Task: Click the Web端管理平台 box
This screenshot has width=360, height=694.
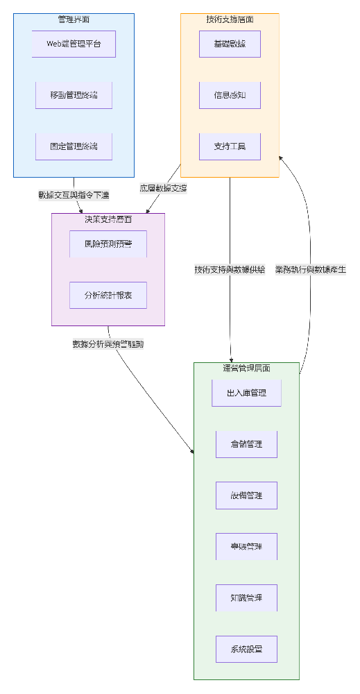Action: pyautogui.click(x=74, y=44)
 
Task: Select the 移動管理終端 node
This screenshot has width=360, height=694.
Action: pyautogui.click(x=74, y=95)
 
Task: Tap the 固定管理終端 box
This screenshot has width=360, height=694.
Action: pyautogui.click(x=74, y=146)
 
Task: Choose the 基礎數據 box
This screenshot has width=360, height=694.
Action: pyautogui.click(x=230, y=44)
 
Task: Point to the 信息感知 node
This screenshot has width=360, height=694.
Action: pyautogui.click(x=230, y=95)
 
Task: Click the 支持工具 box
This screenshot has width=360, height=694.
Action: pyautogui.click(x=230, y=146)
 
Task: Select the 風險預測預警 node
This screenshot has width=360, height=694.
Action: pyautogui.click(x=108, y=244)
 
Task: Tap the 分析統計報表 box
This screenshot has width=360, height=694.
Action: pyautogui.click(x=108, y=295)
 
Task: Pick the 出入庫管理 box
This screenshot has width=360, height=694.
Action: pyautogui.click(x=246, y=393)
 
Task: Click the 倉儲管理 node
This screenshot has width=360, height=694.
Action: pyautogui.click(x=246, y=444)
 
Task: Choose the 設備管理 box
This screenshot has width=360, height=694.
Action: pyautogui.click(x=246, y=496)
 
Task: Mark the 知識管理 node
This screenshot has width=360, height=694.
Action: pyautogui.click(x=246, y=598)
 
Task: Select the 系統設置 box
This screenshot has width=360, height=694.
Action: pyautogui.click(x=246, y=649)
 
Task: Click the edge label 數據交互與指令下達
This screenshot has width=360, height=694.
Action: pyautogui.click(x=74, y=195)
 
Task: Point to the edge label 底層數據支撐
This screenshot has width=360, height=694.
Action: pyautogui.click(x=163, y=188)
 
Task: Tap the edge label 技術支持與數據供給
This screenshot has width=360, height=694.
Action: pyautogui.click(x=230, y=269)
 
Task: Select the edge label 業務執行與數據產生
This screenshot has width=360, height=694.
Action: pyautogui.click(x=310, y=269)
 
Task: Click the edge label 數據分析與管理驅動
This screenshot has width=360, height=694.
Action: pyautogui.click(x=108, y=344)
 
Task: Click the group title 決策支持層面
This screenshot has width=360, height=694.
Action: pyautogui.click(x=108, y=219)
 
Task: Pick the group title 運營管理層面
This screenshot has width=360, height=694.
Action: pyautogui.click(x=246, y=368)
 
